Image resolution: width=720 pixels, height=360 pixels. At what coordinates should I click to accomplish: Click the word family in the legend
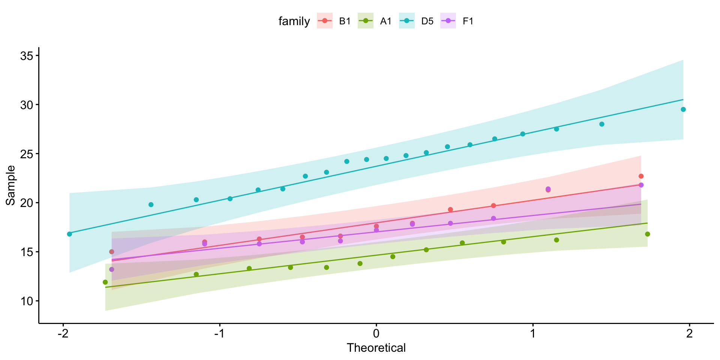(294, 21)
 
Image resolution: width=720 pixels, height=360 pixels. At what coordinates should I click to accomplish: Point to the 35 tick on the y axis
(27, 56)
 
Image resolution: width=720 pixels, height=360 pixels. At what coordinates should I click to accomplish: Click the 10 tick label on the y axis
(27, 301)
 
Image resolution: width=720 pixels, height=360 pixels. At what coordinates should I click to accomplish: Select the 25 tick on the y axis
(27, 154)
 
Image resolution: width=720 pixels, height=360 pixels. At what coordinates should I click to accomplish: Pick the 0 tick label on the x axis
(376, 333)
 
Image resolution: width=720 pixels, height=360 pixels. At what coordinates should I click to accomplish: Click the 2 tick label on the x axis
(689, 333)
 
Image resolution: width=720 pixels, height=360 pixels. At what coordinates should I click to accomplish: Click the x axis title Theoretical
(376, 348)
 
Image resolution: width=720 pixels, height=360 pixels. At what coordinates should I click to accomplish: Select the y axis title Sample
(11, 185)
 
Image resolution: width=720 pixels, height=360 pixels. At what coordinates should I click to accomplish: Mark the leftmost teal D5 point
(69, 234)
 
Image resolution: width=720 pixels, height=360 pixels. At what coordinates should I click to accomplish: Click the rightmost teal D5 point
(683, 109)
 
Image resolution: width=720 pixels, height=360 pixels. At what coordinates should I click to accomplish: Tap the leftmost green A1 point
(105, 282)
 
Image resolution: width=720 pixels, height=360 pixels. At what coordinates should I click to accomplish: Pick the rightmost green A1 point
(648, 234)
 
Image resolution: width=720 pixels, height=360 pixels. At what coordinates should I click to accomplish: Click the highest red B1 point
(641, 176)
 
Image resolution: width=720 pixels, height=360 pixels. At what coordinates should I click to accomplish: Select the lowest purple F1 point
(111, 269)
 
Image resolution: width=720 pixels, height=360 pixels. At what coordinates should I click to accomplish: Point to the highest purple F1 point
(641, 185)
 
